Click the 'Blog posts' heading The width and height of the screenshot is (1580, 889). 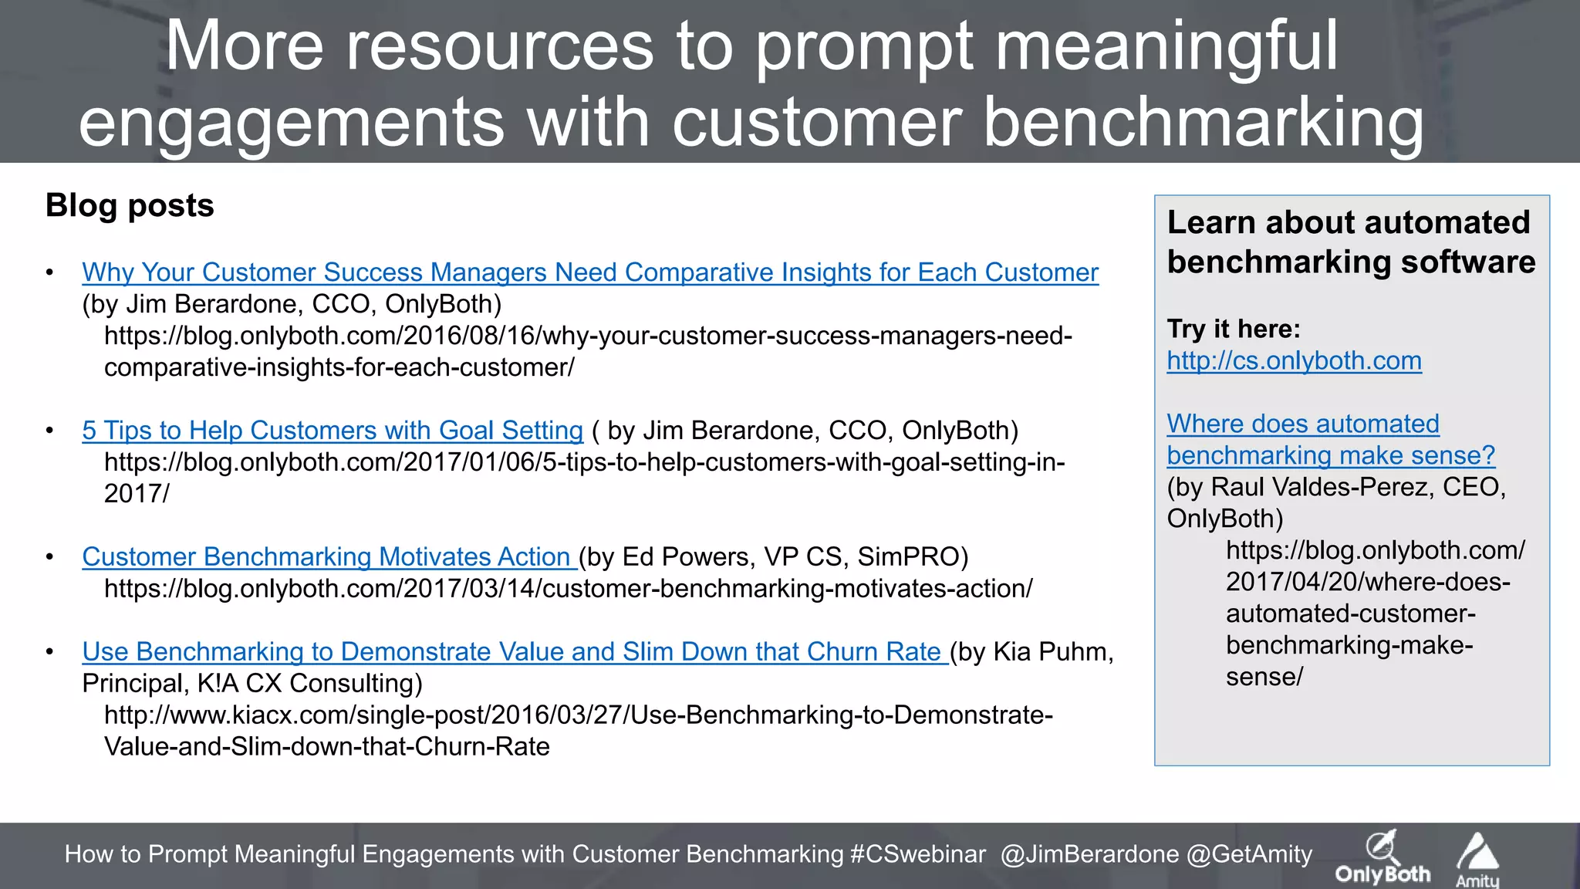click(130, 206)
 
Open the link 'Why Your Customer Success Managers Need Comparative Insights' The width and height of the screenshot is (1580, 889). click(590, 272)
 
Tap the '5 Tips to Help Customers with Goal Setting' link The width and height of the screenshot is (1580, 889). click(333, 431)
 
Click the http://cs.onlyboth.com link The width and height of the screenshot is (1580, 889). click(1294, 361)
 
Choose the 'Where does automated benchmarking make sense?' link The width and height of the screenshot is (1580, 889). click(1330, 440)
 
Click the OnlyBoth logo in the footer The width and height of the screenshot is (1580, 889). click(1382, 857)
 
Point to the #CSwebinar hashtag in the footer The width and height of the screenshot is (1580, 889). click(917, 854)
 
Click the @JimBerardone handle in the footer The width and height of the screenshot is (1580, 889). click(1089, 854)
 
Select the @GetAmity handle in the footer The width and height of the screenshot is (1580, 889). click(1249, 854)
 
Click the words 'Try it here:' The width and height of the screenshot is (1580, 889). click(1233, 330)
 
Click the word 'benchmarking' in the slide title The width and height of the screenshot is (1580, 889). click(1204, 123)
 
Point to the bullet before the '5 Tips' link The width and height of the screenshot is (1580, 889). click(49, 431)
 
